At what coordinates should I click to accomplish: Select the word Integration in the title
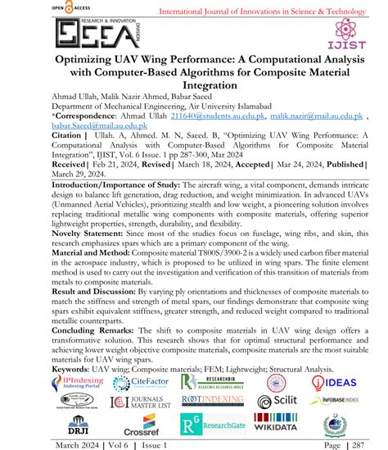[x=194, y=95]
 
